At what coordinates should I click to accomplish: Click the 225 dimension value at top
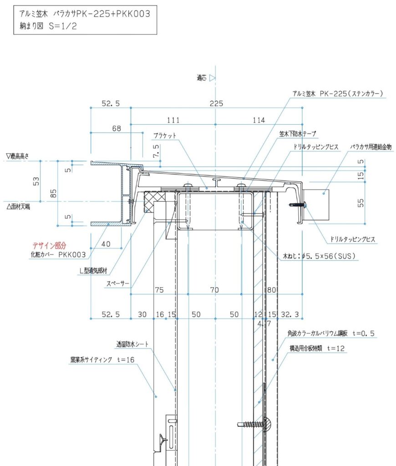pyautogui.click(x=216, y=103)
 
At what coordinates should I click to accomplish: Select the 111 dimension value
pyautogui.click(x=173, y=120)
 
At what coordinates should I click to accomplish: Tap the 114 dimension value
pyautogui.click(x=259, y=120)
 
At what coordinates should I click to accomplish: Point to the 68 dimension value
pyautogui.click(x=117, y=128)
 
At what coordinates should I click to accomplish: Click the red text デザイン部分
pyautogui.click(x=49, y=245)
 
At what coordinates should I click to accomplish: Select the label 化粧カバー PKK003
pyautogui.click(x=58, y=255)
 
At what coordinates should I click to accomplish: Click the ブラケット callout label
pyautogui.click(x=165, y=136)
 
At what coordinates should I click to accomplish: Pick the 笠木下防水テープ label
pyautogui.click(x=298, y=134)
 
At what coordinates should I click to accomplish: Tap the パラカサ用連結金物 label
pyautogui.click(x=371, y=147)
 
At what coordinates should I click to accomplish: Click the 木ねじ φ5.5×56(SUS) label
pyautogui.click(x=319, y=256)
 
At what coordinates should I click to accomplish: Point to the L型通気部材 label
pyautogui.click(x=93, y=271)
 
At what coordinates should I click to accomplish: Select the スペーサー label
pyautogui.click(x=118, y=284)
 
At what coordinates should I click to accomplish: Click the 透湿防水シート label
pyautogui.click(x=132, y=344)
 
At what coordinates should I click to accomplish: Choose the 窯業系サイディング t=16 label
pyautogui.click(x=102, y=360)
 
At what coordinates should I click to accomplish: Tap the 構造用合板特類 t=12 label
pyautogui.click(x=317, y=348)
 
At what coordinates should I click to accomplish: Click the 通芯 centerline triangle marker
pyautogui.click(x=212, y=78)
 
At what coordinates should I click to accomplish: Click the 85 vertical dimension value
pyautogui.click(x=53, y=193)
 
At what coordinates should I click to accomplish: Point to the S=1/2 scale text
pyautogui.click(x=63, y=26)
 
